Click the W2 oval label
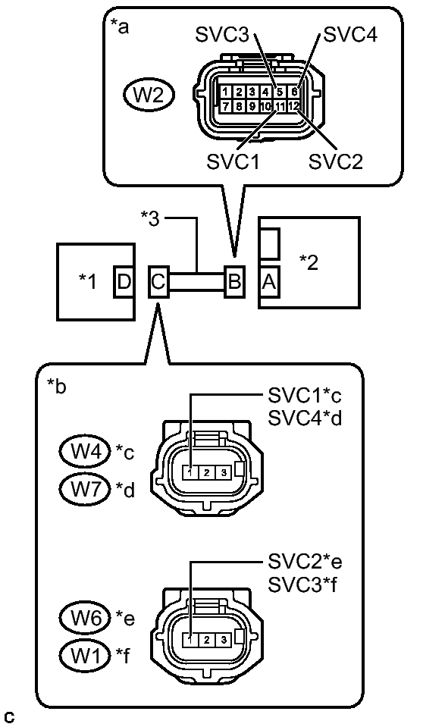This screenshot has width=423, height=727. tap(149, 95)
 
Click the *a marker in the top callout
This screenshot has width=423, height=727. tap(120, 28)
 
